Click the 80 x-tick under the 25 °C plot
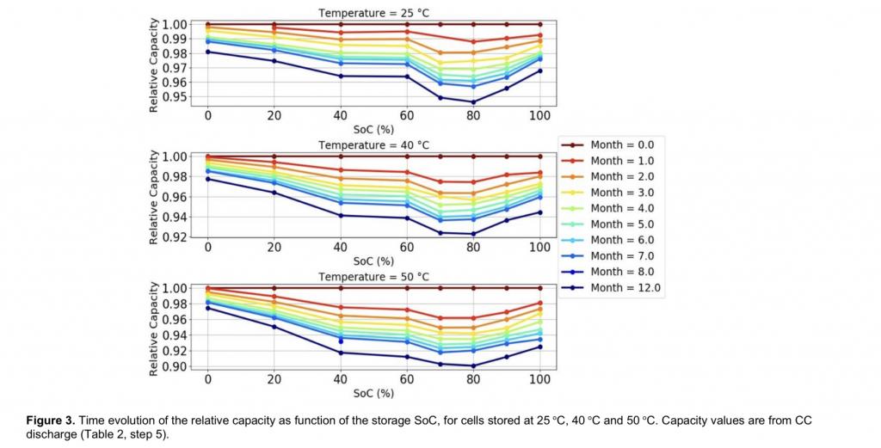pos(472,114)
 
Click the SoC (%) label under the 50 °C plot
pos(373,393)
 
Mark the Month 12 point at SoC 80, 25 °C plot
pos(472,102)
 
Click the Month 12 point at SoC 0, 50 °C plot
pos(207,308)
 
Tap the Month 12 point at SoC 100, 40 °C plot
pos(540,212)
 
